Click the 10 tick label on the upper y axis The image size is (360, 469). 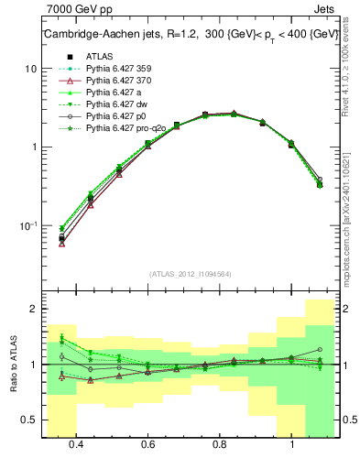30,70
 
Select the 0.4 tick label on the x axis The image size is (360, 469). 76,446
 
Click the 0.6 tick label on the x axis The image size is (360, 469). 147,446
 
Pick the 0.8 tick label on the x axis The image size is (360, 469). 220,446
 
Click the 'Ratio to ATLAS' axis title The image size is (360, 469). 12,365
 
